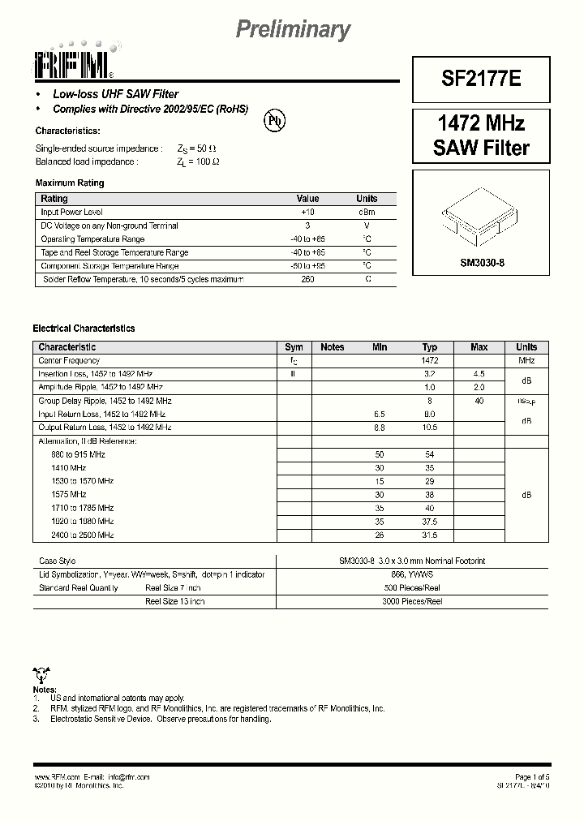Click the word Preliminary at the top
pyautogui.click(x=293, y=30)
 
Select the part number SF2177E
pyautogui.click(x=483, y=79)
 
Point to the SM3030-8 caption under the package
pyautogui.click(x=482, y=263)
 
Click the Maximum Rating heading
pyautogui.click(x=70, y=183)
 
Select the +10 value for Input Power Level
pyautogui.click(x=307, y=212)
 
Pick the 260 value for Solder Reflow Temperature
pyautogui.click(x=307, y=279)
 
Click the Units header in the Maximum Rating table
pyautogui.click(x=367, y=199)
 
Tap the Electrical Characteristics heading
pyautogui.click(x=84, y=329)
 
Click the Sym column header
pyautogui.click(x=294, y=347)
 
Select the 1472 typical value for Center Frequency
pyautogui.click(x=430, y=360)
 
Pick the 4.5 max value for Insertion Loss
pyautogui.click(x=479, y=374)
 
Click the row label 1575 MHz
pyautogui.click(x=68, y=494)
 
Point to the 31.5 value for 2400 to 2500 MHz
pyautogui.click(x=430, y=535)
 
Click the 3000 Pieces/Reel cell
pyautogui.click(x=412, y=602)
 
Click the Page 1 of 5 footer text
pyautogui.click(x=532, y=776)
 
